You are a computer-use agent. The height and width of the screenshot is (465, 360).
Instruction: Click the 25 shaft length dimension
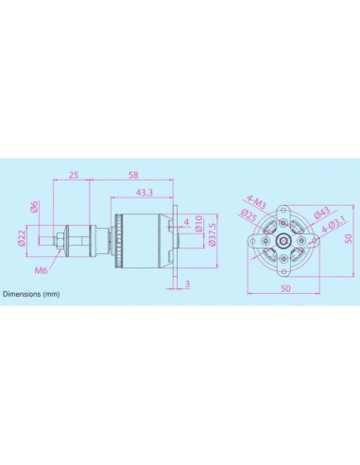tap(73, 175)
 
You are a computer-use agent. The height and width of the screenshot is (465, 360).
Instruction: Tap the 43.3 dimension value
tap(144, 193)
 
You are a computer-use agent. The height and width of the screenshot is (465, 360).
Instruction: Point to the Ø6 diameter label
tap(34, 206)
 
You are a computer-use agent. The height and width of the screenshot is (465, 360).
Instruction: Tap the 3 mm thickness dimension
tap(188, 284)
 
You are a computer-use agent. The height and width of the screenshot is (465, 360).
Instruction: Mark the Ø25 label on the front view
tap(249, 215)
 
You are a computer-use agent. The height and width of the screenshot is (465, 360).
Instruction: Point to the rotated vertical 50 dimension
tap(347, 239)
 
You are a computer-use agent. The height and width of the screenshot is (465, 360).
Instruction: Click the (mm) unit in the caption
tap(52, 295)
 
